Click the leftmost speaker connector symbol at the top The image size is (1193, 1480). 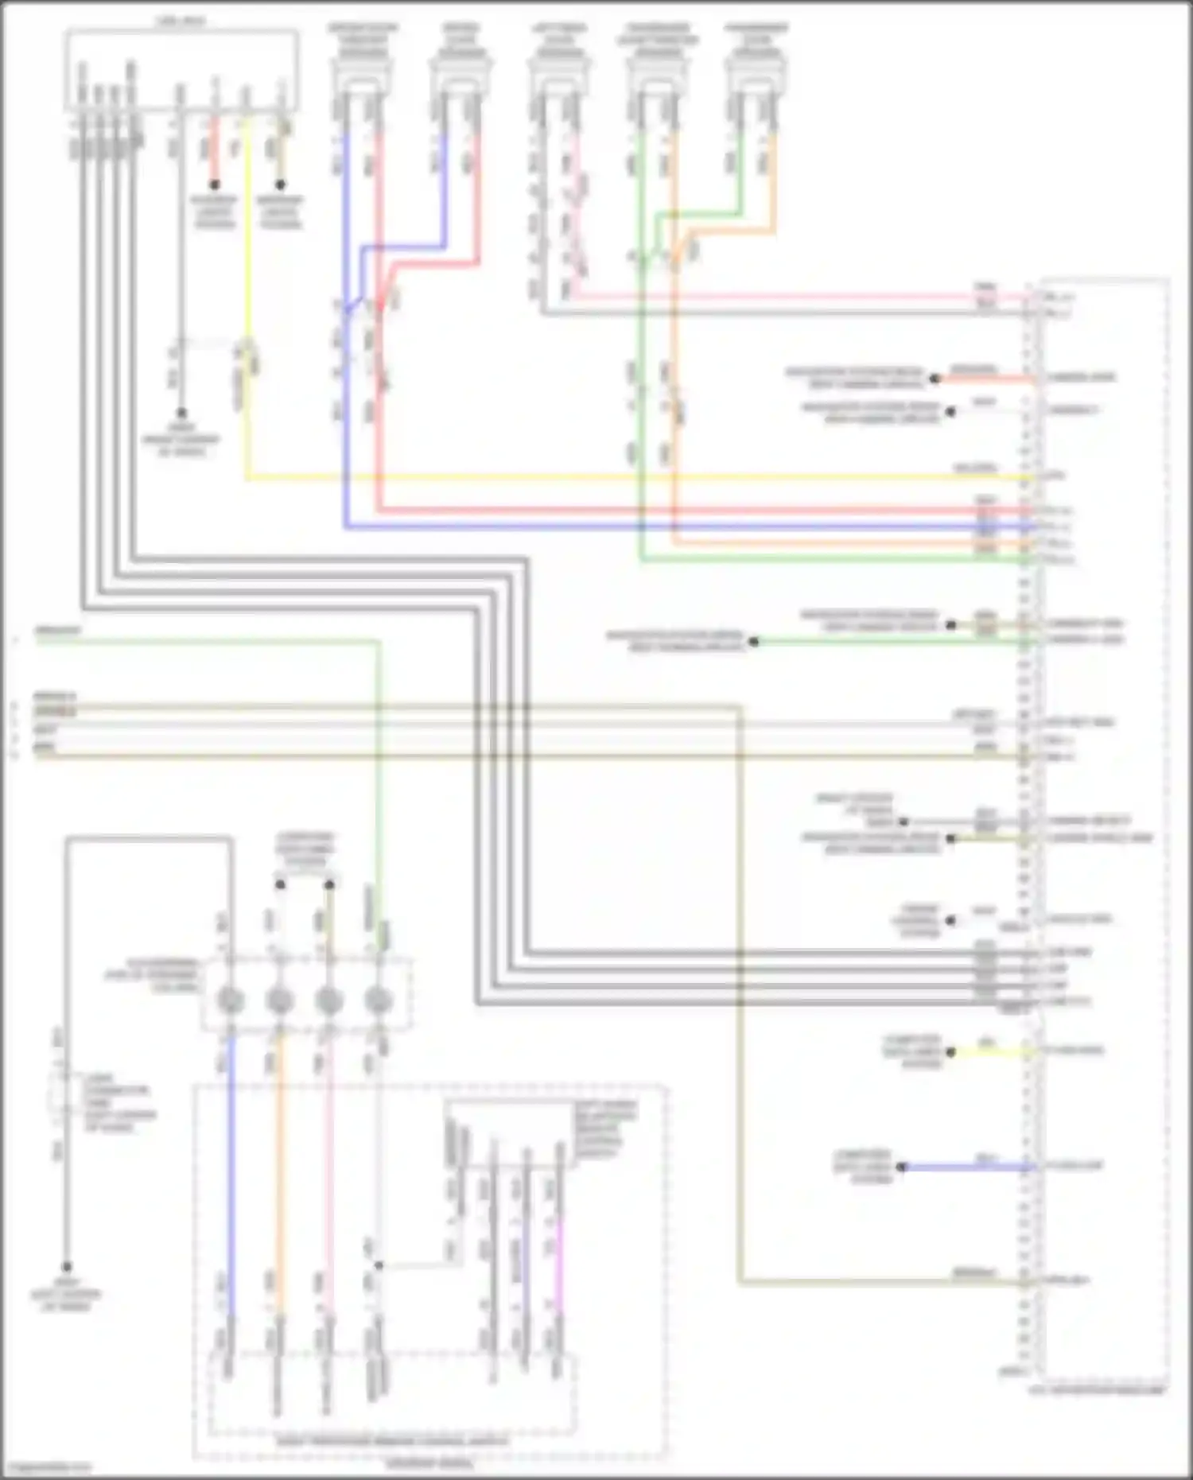click(x=362, y=76)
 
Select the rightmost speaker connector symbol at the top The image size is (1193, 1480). click(x=756, y=76)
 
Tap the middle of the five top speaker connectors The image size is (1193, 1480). click(x=558, y=76)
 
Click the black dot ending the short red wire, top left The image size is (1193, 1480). click(x=214, y=185)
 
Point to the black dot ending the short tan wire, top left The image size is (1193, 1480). click(x=280, y=185)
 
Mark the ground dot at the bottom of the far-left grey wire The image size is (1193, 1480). click(x=67, y=1267)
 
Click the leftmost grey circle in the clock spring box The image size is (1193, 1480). click(x=231, y=1000)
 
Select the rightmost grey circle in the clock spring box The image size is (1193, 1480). click(x=379, y=1000)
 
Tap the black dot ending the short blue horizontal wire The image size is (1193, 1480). click(x=901, y=1167)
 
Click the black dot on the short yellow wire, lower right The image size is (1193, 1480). click(x=950, y=1051)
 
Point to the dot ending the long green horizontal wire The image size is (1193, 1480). click(x=753, y=641)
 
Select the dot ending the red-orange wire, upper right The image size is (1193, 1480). click(x=935, y=379)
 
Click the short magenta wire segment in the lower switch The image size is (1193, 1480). click(x=558, y=1264)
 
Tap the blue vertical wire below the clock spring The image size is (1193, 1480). click(x=231, y=1153)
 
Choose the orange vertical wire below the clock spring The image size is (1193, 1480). click(x=279, y=1153)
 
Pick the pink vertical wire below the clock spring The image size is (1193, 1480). click(x=328, y=1153)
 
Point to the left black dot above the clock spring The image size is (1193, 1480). click(x=280, y=884)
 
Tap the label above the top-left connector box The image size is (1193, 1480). click(x=181, y=21)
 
